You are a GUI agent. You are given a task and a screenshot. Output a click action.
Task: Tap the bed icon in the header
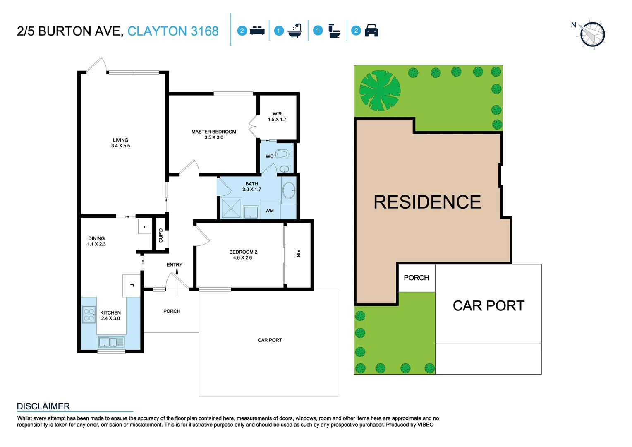point(257,31)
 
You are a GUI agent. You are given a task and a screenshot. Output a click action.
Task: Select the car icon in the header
point(371,31)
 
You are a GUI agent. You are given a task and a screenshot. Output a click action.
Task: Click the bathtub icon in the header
point(295,31)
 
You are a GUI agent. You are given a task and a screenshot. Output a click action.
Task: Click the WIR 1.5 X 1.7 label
point(277,117)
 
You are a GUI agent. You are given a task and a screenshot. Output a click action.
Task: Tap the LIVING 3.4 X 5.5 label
point(120,143)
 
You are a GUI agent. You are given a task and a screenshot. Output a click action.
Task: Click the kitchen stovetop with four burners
point(89,315)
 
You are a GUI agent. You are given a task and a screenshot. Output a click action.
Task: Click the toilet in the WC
point(282,154)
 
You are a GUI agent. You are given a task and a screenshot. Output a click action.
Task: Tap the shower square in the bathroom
point(231,208)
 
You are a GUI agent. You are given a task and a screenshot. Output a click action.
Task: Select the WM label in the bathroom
point(270,211)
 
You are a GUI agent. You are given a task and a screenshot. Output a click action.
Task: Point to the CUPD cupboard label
point(161,236)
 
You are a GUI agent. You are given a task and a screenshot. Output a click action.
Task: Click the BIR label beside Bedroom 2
point(298,253)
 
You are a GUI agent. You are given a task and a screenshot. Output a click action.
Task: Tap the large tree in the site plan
point(380,90)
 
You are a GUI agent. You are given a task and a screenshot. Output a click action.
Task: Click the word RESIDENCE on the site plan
point(427,202)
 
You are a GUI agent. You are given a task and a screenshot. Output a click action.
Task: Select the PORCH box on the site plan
point(416,278)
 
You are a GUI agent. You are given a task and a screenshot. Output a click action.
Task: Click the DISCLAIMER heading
point(43,406)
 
